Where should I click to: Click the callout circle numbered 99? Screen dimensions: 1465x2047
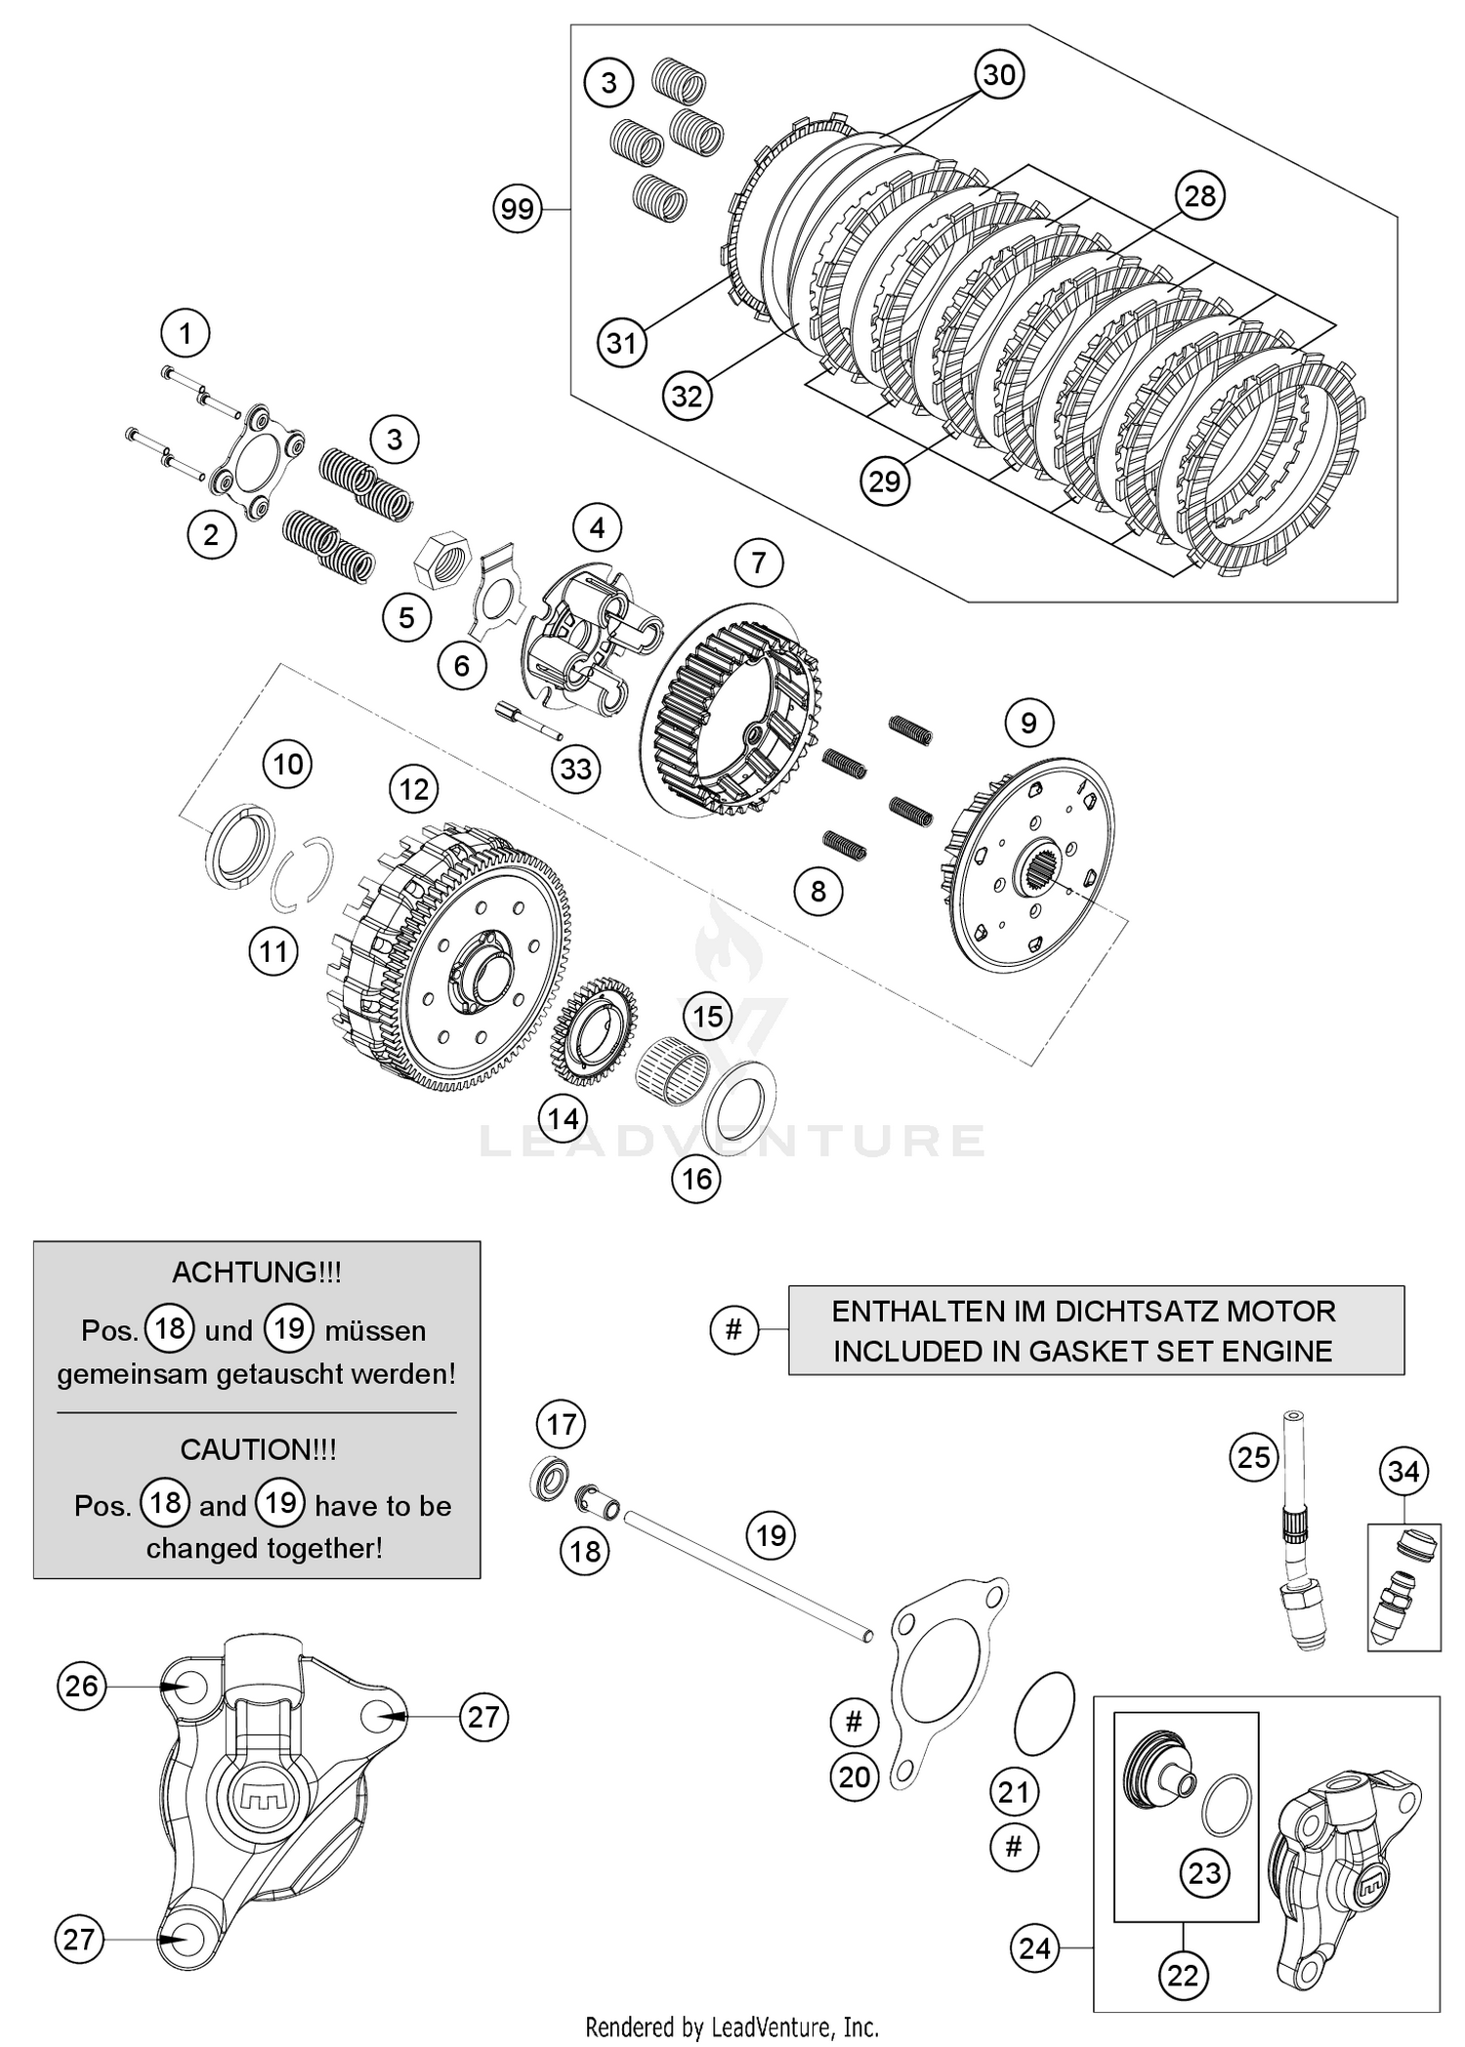(518, 209)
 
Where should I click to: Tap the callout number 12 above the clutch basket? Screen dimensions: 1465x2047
(414, 789)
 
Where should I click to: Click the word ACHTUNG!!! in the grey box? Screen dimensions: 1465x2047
(256, 1273)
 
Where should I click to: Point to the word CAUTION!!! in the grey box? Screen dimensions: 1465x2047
(258, 1449)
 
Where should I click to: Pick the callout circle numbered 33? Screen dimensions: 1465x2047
(575, 769)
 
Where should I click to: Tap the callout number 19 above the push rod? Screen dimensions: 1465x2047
(771, 1536)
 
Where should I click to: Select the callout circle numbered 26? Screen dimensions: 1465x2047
(82, 1686)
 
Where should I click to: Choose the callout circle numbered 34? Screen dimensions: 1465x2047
(1403, 1471)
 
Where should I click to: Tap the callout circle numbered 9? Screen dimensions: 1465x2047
(1027, 723)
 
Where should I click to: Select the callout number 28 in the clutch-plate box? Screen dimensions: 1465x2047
(1199, 196)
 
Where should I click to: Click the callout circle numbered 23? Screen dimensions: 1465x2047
(1204, 1873)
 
